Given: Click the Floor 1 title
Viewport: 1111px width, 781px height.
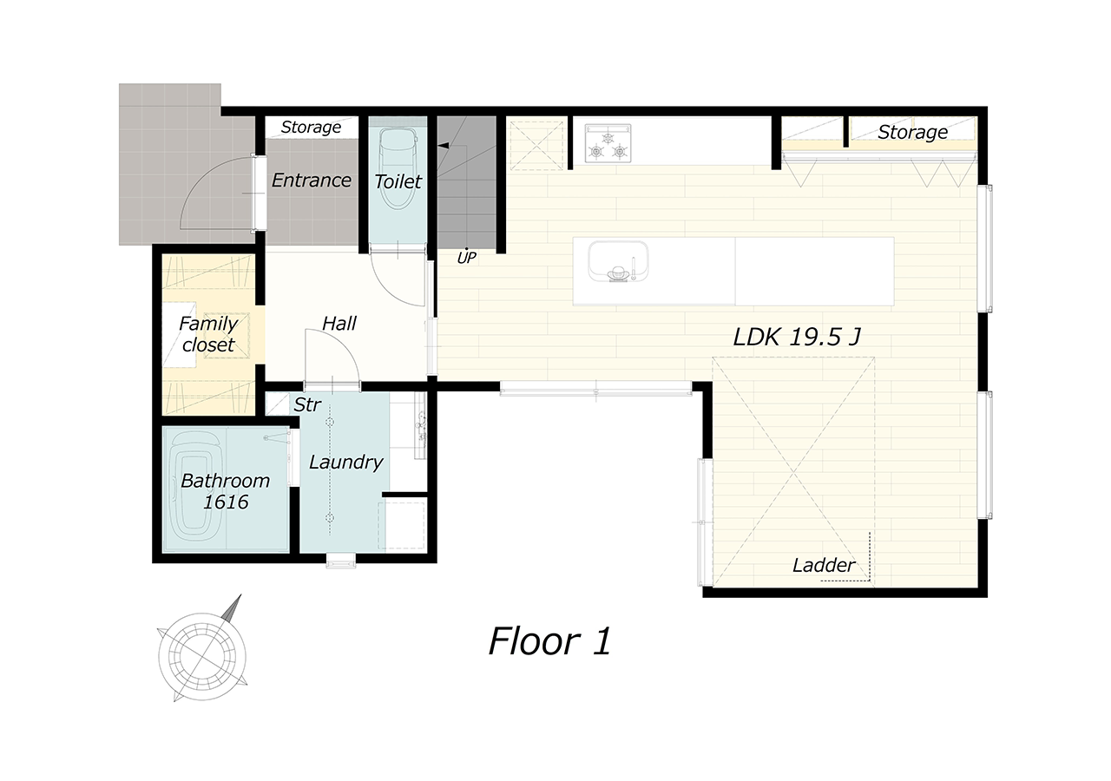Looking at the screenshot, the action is pyautogui.click(x=549, y=641).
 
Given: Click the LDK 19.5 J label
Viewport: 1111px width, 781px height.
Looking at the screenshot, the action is pyautogui.click(x=797, y=338).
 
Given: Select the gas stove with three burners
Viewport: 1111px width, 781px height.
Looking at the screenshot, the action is pyautogui.click(x=608, y=143).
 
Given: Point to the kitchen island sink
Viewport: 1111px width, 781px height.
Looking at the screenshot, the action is pyautogui.click(x=618, y=261).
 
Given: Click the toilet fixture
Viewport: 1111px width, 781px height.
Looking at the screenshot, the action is pyautogui.click(x=398, y=167).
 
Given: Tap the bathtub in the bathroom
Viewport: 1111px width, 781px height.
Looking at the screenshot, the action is pyautogui.click(x=195, y=490).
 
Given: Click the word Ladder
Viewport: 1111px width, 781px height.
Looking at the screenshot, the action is pyautogui.click(x=824, y=565).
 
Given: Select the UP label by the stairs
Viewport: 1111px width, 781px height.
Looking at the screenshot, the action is pyautogui.click(x=466, y=257).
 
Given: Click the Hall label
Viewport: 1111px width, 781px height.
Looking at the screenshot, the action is pyautogui.click(x=339, y=324).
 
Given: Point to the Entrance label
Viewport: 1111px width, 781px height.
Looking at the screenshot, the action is pyautogui.click(x=312, y=180).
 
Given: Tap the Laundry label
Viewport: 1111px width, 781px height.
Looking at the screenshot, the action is pyautogui.click(x=346, y=463).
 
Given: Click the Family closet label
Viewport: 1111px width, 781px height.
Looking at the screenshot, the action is pyautogui.click(x=208, y=334).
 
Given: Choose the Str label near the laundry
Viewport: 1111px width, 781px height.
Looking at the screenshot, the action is pyautogui.click(x=307, y=405).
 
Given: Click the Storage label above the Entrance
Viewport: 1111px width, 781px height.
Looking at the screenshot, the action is pyautogui.click(x=311, y=128).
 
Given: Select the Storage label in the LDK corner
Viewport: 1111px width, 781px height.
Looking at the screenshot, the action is pyautogui.click(x=912, y=133).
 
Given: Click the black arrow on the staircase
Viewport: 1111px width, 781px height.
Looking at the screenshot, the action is pyautogui.click(x=444, y=145).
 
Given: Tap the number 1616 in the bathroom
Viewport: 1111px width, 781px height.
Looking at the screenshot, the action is pyautogui.click(x=227, y=502).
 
